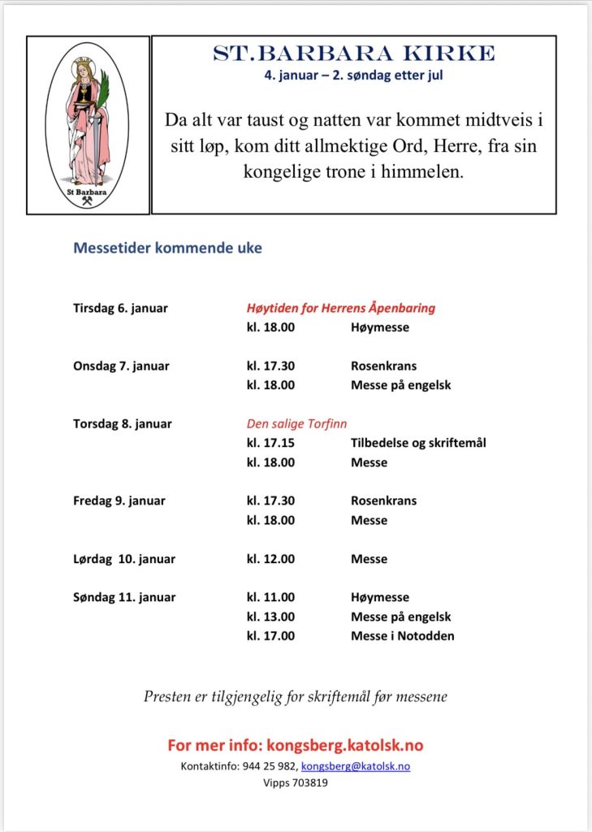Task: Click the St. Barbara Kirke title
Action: click(353, 54)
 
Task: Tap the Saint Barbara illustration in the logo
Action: click(89, 122)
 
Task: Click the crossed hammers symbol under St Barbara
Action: click(88, 201)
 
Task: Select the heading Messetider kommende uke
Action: click(168, 248)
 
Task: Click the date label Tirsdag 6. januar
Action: click(120, 308)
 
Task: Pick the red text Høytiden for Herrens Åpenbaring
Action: click(341, 308)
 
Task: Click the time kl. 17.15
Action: click(270, 443)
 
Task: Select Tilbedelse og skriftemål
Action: click(418, 443)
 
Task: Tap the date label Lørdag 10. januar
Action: click(124, 559)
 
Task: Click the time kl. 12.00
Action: click(270, 559)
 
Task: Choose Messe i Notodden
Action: click(402, 635)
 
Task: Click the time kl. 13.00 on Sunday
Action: click(270, 617)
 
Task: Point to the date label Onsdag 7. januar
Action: click(121, 366)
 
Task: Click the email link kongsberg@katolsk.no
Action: click(356, 766)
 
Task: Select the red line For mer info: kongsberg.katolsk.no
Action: click(296, 745)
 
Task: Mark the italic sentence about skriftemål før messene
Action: click(296, 696)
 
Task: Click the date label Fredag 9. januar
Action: click(119, 500)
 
